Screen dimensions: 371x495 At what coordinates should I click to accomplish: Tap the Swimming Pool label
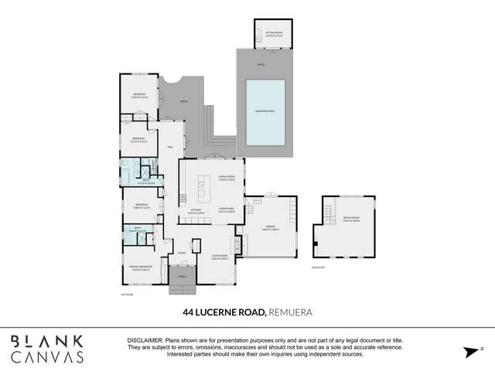click(x=266, y=113)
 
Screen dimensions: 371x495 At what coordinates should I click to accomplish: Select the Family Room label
click(x=226, y=179)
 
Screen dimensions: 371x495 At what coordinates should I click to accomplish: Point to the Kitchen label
click(x=196, y=210)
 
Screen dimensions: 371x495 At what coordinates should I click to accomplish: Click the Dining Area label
click(x=226, y=210)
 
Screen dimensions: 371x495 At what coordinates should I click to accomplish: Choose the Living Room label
click(x=220, y=257)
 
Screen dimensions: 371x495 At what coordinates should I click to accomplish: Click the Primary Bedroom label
click(x=141, y=268)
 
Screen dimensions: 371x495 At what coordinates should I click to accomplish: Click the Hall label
click(x=170, y=147)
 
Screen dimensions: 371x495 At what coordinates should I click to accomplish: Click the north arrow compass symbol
click(x=469, y=352)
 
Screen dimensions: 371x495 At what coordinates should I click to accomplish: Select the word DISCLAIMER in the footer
click(x=145, y=340)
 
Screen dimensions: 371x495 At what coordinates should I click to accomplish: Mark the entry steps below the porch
click(x=183, y=291)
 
